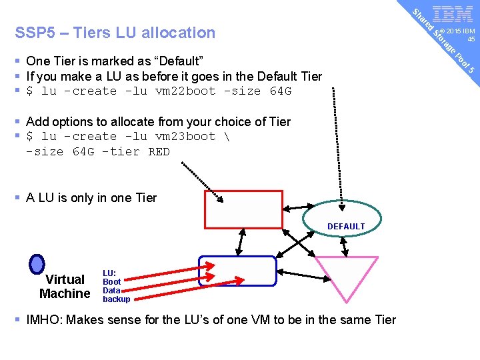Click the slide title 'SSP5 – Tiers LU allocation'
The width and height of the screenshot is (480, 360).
pyautogui.click(x=115, y=33)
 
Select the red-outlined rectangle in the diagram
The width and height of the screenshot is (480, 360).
pyautogui.click(x=243, y=209)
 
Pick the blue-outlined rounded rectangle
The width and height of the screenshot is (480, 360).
pyautogui.click(x=237, y=271)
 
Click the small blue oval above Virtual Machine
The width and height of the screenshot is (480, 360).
pyautogui.click(x=38, y=265)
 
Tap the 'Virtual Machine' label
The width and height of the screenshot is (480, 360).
pyautogui.click(x=65, y=287)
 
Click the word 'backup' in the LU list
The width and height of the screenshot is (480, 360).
pyautogui.click(x=116, y=299)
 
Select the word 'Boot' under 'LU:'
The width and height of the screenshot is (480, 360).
pyautogui.click(x=111, y=282)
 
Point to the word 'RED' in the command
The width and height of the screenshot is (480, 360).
pyautogui.click(x=159, y=152)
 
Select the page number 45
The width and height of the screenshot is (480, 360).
pyautogui.click(x=471, y=39)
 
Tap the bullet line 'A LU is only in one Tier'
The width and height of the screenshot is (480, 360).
pyautogui.click(x=91, y=197)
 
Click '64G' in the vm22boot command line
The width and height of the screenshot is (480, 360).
pyautogui.click(x=280, y=91)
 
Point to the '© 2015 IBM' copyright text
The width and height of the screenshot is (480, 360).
pyautogui.click(x=461, y=31)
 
